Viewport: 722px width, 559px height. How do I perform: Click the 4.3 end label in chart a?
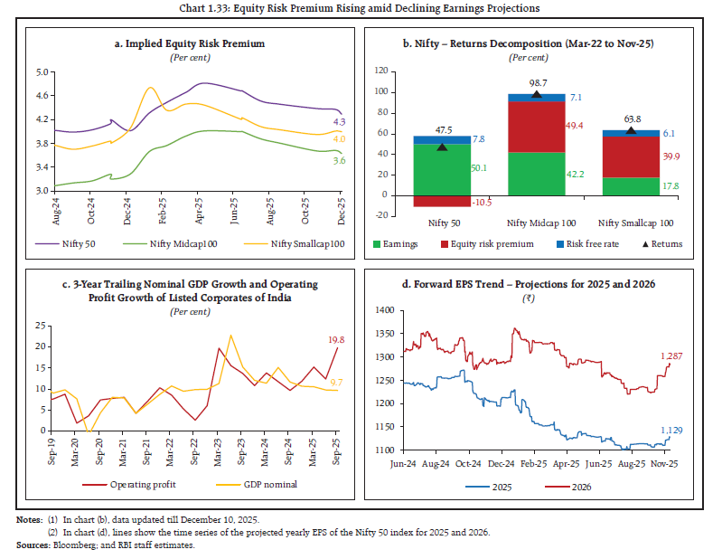[339, 121]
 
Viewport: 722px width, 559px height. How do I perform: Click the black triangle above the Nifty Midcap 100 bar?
[537, 94]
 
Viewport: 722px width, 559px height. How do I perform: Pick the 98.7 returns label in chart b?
[537, 82]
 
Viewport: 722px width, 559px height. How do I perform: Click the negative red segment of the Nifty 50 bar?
[441, 201]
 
